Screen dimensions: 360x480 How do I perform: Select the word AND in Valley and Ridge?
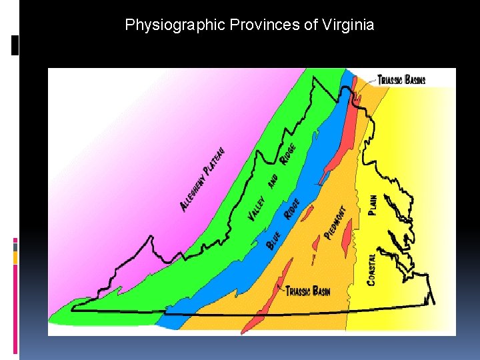point(273,181)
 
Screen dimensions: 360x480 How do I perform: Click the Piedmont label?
point(335,222)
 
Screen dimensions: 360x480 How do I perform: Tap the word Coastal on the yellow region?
point(371,269)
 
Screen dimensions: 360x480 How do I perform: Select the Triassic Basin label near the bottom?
point(307,291)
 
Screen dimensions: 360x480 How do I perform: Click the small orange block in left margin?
point(15,257)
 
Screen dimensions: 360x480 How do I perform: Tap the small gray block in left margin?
point(15,247)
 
